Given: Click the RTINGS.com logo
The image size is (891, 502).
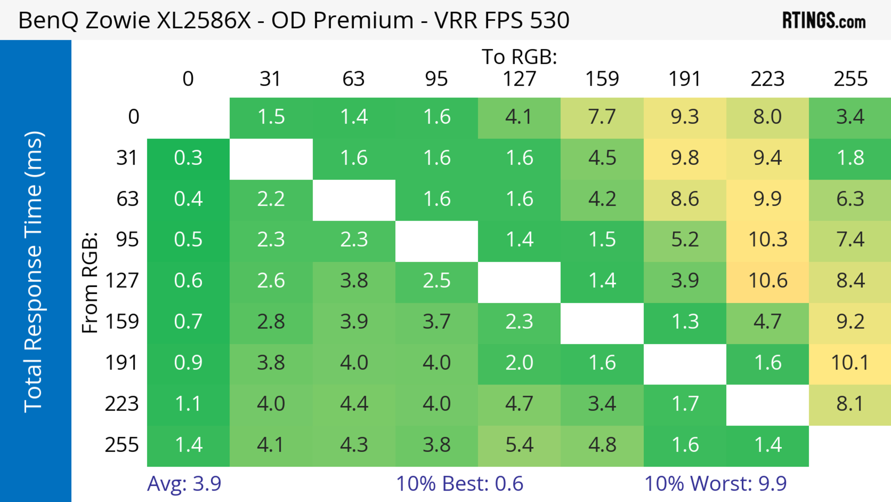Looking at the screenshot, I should point(824,20).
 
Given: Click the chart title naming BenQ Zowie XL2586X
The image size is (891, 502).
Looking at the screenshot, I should point(293,20).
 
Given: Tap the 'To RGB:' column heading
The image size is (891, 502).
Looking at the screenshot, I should point(519,57).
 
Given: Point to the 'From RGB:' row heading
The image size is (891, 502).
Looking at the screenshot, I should point(90,282).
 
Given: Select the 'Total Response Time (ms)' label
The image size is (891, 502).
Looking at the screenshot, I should point(34,272).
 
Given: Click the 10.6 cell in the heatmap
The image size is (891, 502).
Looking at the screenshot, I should point(768,280).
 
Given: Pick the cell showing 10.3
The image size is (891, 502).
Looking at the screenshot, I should point(768,240).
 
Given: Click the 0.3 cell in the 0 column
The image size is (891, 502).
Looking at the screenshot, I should point(188,158).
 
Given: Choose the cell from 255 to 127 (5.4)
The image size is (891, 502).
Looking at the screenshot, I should point(519,445).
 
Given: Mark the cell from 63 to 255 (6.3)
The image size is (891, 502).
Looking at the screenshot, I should point(850,199).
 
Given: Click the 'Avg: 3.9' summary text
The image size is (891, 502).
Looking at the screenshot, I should point(184,484).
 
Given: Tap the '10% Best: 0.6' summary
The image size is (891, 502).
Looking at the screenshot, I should point(459,484).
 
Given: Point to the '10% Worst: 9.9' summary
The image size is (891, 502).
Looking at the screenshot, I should point(715,484).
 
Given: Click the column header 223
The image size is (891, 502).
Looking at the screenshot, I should point(768,79).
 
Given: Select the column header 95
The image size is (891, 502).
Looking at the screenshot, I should point(436,79).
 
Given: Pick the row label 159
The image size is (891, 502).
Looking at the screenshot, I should point(122,322).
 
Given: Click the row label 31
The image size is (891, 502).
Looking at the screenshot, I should point(128,158).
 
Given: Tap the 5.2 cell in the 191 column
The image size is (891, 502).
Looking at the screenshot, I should point(685,240).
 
